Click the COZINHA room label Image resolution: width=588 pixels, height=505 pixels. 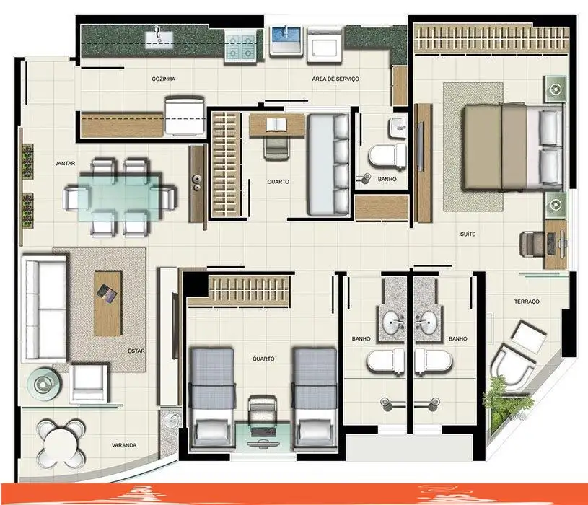coord(164,79)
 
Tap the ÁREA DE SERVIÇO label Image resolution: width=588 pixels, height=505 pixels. coord(335,79)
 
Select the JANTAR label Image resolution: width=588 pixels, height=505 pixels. coord(65,164)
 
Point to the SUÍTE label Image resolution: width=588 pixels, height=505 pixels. coord(468,234)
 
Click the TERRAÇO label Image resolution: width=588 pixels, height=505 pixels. coord(527,302)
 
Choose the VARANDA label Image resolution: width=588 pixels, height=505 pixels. coord(124,445)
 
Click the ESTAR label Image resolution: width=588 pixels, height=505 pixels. coord(136,351)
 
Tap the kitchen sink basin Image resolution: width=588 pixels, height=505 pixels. coord(159,40)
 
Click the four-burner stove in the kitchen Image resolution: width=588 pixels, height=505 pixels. coord(240,46)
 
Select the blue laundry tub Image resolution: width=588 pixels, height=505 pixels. coord(286,40)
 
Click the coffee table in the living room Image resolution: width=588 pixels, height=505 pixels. coord(107,303)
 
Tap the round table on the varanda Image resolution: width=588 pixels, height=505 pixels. coord(61,444)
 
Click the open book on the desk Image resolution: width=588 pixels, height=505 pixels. coord(276,125)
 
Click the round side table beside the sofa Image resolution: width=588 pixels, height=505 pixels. coord(44,384)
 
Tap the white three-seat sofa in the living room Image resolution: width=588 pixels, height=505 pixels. coord(45,309)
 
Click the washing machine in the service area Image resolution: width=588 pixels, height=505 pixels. coord(325,44)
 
